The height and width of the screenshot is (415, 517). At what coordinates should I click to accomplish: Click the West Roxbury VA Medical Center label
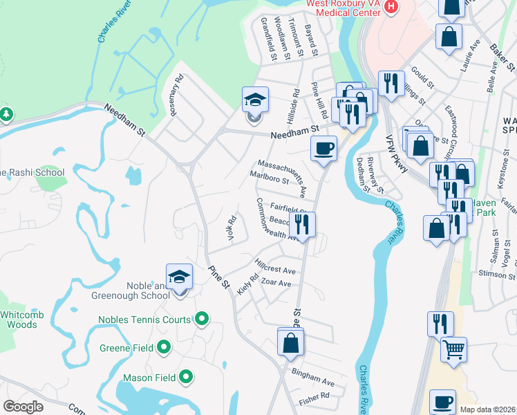pyautogui.click(x=344, y=7)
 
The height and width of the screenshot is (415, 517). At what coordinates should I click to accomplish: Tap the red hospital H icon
pyautogui.click(x=391, y=7)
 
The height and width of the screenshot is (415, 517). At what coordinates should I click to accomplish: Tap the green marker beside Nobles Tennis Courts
pyautogui.click(x=201, y=319)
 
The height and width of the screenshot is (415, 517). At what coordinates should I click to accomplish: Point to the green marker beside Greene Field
pyautogui.click(x=164, y=347)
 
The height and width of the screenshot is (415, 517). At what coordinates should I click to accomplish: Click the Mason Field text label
pyautogui.click(x=149, y=378)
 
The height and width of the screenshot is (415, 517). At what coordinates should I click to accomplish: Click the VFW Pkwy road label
pyautogui.click(x=397, y=153)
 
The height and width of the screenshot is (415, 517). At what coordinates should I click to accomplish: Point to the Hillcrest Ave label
pyautogui.click(x=274, y=267)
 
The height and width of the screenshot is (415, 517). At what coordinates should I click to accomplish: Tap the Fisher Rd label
pyautogui.click(x=315, y=398)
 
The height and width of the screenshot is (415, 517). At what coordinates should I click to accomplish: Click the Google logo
pyautogui.click(x=23, y=407)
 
